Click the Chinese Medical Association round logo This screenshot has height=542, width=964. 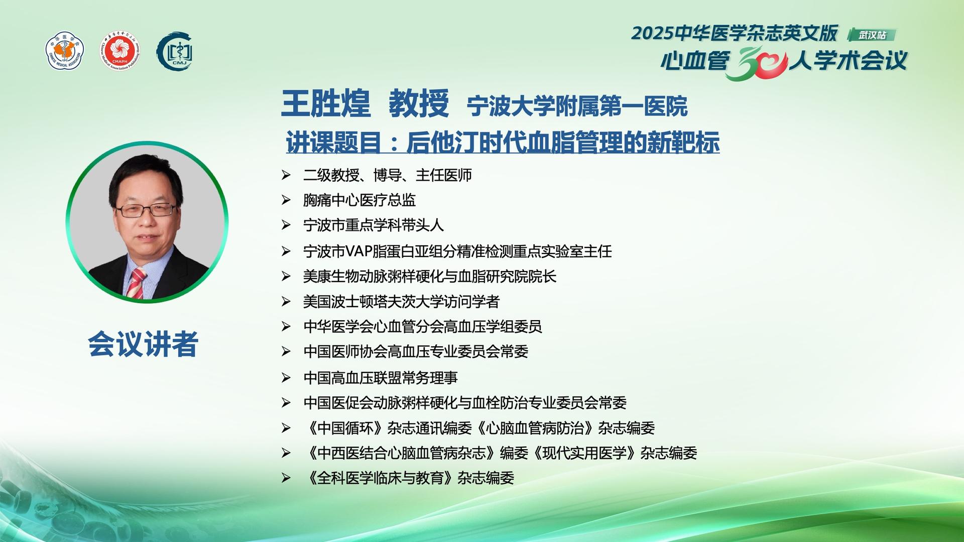click(x=65, y=51)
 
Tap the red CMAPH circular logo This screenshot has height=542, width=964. click(x=119, y=51)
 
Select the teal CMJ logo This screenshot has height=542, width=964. click(x=175, y=51)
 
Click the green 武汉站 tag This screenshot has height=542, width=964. click(x=872, y=35)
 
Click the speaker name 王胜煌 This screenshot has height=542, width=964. click(x=325, y=103)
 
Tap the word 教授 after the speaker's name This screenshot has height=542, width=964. click(x=419, y=103)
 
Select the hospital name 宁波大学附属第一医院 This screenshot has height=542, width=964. click(x=577, y=106)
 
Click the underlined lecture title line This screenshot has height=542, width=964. click(x=503, y=142)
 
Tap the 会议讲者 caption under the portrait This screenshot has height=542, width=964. click(x=143, y=344)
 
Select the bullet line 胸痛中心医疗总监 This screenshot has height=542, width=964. click(x=359, y=200)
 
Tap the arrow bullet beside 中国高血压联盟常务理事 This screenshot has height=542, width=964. click(x=286, y=378)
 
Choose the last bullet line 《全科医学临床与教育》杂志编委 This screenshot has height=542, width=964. click(x=409, y=478)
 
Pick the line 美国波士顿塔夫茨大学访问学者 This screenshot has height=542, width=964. click(x=401, y=302)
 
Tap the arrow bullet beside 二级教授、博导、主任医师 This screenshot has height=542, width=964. click(x=286, y=175)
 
